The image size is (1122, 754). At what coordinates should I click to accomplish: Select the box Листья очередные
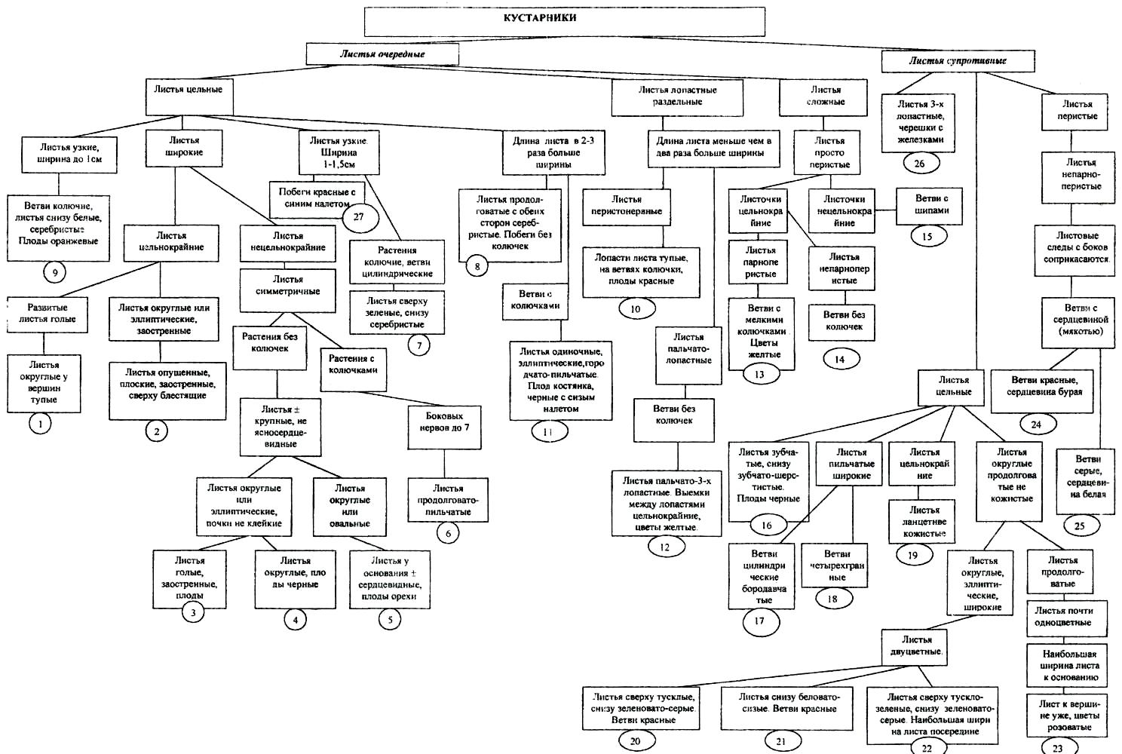(x=382, y=54)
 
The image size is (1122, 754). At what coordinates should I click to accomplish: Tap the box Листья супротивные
(x=957, y=61)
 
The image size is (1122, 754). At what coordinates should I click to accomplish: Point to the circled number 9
(x=54, y=272)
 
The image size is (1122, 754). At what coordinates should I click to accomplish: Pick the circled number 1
(x=40, y=424)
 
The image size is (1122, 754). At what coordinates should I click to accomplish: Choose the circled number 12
(x=664, y=547)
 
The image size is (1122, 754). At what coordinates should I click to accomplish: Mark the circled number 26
(x=918, y=163)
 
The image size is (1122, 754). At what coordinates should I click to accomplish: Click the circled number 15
(x=927, y=236)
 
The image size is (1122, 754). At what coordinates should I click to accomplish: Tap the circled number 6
(x=447, y=533)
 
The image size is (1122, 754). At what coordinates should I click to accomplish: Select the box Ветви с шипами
(x=931, y=205)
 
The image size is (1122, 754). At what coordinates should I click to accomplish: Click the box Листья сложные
(x=826, y=96)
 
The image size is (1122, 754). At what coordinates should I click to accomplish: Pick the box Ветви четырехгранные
(x=836, y=565)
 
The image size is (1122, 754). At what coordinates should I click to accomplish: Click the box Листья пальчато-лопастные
(x=688, y=349)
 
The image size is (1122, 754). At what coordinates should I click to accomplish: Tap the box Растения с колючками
(x=352, y=365)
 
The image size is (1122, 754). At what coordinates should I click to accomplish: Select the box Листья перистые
(x=1077, y=110)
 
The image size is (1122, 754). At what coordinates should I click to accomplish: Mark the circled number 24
(x=1035, y=424)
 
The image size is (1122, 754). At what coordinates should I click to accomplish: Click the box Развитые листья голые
(x=47, y=314)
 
